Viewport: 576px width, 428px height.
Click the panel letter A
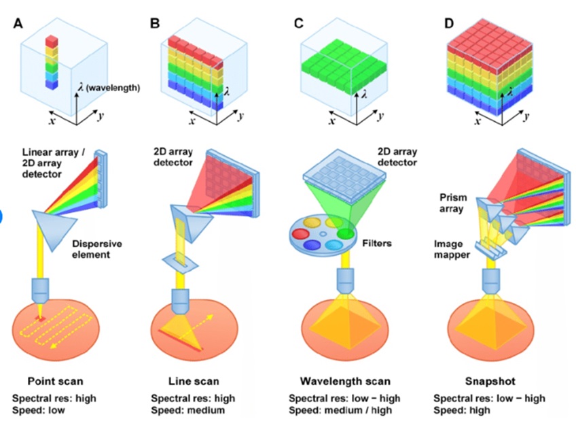(x=18, y=24)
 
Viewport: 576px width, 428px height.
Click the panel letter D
(x=448, y=24)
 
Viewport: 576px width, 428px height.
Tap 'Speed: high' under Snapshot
(x=465, y=410)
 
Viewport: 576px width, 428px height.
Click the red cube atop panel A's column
(x=51, y=42)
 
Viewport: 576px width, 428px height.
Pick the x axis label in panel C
(x=332, y=121)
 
